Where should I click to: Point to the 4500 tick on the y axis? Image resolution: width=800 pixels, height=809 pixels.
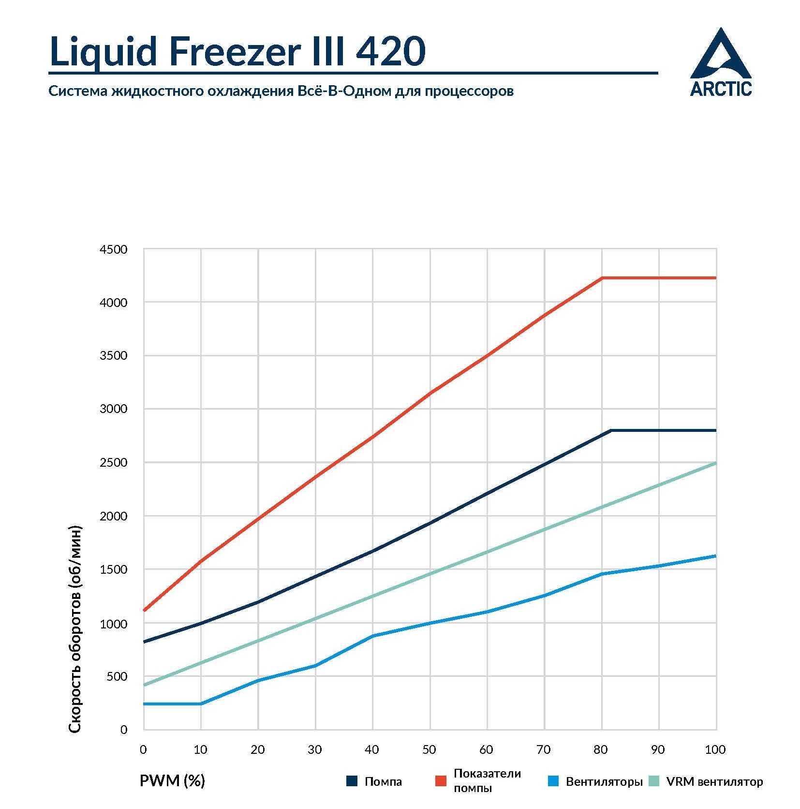tap(113, 250)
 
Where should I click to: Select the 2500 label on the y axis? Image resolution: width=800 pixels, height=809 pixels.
tap(113, 462)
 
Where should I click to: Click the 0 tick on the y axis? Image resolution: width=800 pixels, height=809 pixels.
tap(124, 730)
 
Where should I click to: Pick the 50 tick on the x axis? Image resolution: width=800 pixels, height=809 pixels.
tap(429, 750)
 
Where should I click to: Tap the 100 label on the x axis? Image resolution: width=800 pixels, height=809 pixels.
tap(715, 750)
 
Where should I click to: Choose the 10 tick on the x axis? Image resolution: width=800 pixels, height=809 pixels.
tap(200, 750)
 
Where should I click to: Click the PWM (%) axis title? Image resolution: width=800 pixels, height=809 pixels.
tap(172, 780)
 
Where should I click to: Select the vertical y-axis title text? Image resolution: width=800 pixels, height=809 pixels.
tap(75, 629)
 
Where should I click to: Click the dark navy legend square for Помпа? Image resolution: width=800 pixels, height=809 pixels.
tap(352, 781)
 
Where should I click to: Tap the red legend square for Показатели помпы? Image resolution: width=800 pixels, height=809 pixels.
tap(441, 781)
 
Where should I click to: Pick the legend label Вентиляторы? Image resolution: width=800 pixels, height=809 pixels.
tap(604, 781)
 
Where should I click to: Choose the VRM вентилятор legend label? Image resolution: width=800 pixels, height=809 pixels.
tap(714, 781)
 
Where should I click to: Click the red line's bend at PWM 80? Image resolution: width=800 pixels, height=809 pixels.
tap(602, 278)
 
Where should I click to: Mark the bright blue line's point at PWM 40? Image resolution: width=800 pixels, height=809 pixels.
tap(372, 636)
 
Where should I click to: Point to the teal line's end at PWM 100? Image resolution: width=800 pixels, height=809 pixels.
tap(715, 463)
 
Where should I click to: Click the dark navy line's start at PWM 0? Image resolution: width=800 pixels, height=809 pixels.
tap(144, 642)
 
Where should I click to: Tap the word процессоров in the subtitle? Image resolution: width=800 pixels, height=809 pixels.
tap(469, 91)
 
